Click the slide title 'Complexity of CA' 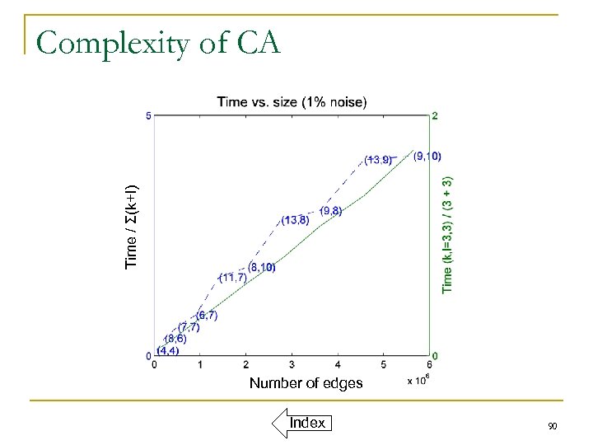158,42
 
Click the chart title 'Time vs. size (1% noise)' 292,101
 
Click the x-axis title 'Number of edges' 306,382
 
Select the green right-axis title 447,234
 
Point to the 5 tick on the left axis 148,116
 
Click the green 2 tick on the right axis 435,116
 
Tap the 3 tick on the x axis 292,365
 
